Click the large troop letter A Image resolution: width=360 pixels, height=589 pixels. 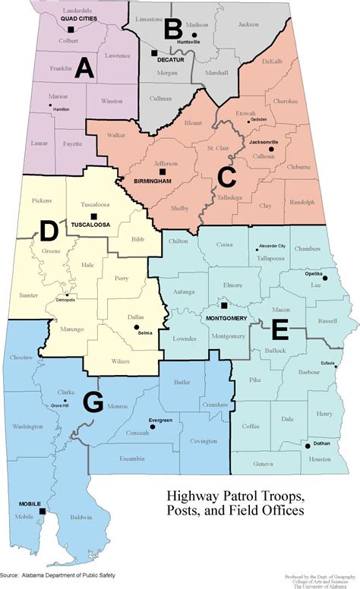[x=83, y=69]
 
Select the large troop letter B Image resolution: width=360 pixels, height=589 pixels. [x=172, y=30]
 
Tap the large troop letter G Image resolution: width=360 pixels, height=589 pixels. [x=93, y=402]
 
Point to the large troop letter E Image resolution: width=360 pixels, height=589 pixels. [x=279, y=330]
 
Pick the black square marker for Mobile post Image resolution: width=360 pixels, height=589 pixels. [x=42, y=512]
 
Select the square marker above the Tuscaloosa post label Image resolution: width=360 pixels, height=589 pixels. [x=93, y=216]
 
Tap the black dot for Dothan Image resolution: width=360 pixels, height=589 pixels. [x=308, y=446]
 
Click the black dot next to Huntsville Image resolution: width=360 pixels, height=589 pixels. [x=194, y=34]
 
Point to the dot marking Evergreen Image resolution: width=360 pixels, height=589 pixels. [x=152, y=427]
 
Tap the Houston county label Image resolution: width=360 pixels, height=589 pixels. [x=321, y=459]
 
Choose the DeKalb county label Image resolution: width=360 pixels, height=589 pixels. [x=272, y=61]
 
